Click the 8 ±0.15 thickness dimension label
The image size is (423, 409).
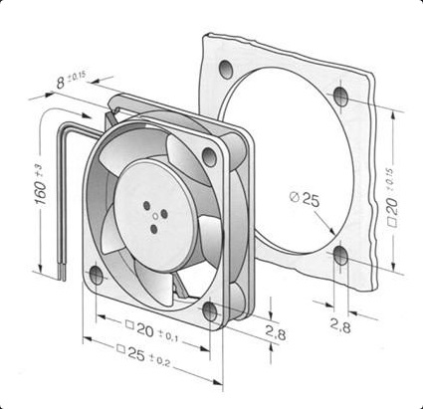[x=71, y=80]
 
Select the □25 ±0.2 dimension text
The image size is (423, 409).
[x=143, y=356]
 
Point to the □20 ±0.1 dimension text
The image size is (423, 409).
[x=152, y=331]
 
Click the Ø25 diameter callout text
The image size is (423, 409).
[x=305, y=198]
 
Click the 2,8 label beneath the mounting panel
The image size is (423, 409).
[x=340, y=326]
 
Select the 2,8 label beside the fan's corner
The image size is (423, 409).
[x=276, y=333]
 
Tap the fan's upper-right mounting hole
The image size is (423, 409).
[x=209, y=157]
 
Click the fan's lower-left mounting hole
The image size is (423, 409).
[x=97, y=275]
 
